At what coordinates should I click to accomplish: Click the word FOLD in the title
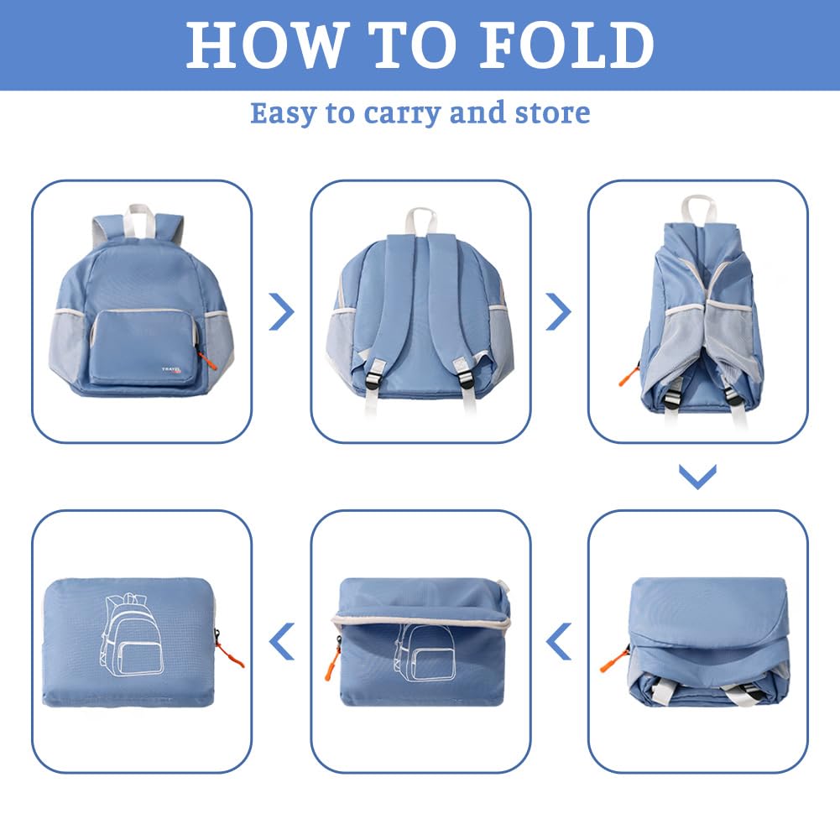(566, 44)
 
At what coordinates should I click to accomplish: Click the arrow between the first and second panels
(282, 311)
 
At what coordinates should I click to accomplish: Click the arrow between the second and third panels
(559, 311)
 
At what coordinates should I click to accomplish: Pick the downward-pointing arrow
(697, 477)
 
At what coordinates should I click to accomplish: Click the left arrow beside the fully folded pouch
(282, 641)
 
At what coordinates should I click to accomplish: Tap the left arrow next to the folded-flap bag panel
(558, 641)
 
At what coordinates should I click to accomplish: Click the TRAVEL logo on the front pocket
(172, 369)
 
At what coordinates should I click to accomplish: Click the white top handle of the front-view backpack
(140, 219)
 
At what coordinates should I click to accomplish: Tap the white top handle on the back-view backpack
(420, 221)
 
